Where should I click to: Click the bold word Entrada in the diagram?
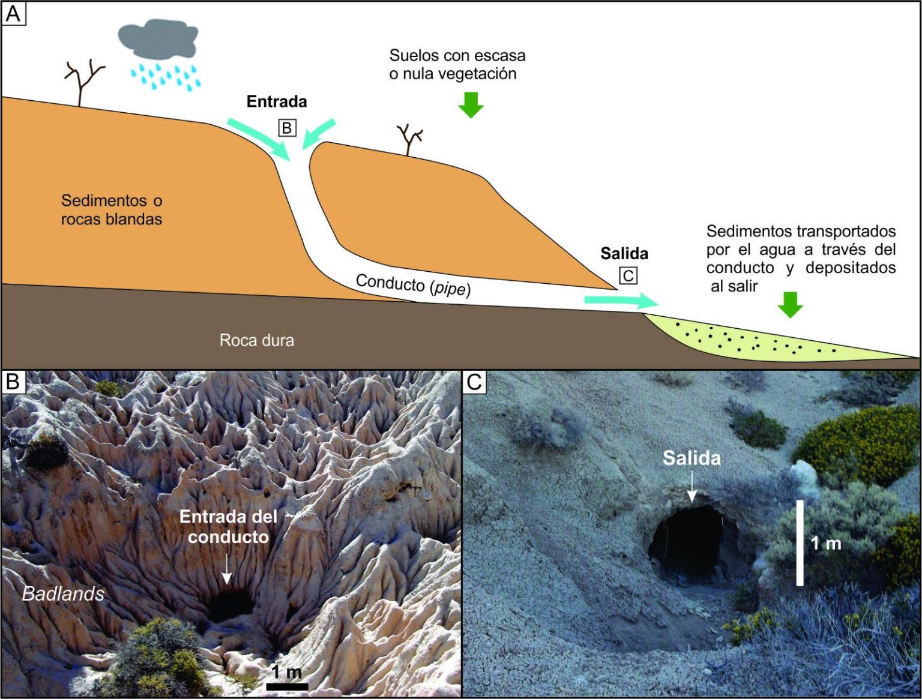(x=277, y=101)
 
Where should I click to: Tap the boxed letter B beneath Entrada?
(x=287, y=128)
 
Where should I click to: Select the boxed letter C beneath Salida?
(x=628, y=276)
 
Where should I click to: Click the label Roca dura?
(x=256, y=341)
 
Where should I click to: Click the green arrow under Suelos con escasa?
(x=471, y=104)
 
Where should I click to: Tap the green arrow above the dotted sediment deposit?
(x=790, y=305)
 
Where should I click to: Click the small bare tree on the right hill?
(x=410, y=139)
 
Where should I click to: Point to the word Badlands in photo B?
(x=63, y=594)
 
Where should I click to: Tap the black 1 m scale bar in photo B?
(x=287, y=686)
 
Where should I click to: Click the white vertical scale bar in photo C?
(x=800, y=543)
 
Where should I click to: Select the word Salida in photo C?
(x=691, y=458)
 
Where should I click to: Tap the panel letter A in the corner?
(x=13, y=14)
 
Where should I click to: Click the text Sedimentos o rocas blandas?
(x=112, y=209)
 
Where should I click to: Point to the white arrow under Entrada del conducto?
(x=226, y=569)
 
